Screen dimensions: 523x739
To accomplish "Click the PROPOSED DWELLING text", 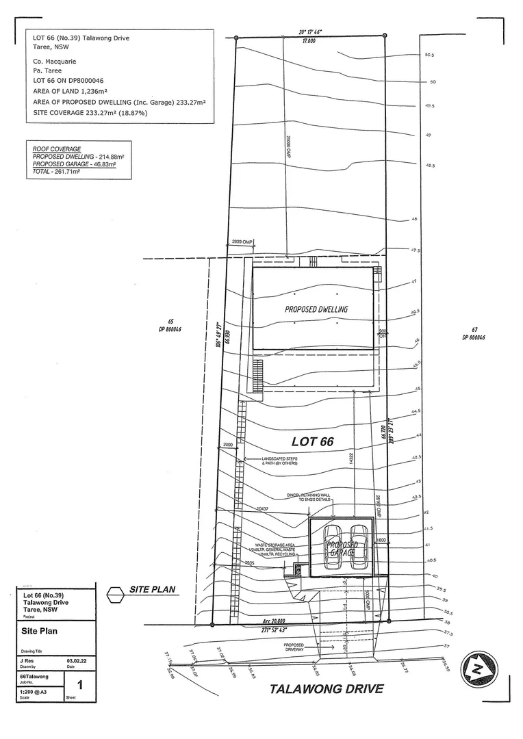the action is tap(316, 309).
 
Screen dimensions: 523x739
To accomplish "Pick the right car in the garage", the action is tap(359, 547).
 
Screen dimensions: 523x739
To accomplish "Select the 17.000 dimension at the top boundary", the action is tap(309, 40).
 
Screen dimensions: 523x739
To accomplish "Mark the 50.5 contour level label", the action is tap(429, 55).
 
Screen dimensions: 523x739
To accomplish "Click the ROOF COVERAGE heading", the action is tap(57, 149).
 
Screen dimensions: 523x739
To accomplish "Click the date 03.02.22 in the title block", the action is tap(75, 660).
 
